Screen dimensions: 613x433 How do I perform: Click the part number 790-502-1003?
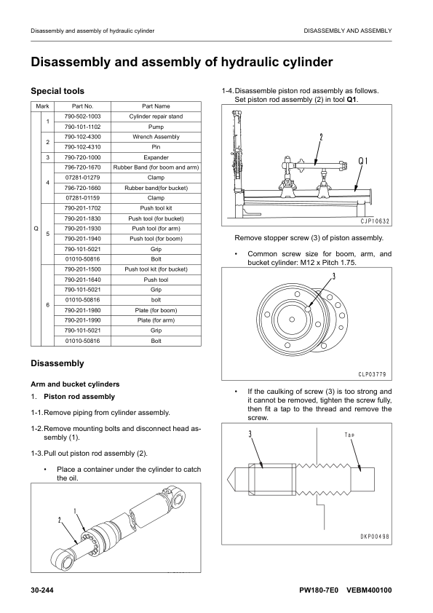[82, 116]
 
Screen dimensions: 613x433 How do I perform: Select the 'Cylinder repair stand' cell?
[156, 116]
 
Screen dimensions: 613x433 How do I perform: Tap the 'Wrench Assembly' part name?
[156, 137]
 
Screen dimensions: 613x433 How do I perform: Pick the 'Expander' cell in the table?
[156, 157]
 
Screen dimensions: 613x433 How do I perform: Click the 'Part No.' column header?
[82, 106]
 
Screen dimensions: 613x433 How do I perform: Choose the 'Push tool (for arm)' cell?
[156, 229]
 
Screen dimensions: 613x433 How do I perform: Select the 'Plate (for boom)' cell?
[156, 310]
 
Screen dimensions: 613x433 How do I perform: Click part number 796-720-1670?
[82, 167]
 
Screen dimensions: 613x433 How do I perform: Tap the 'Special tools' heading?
[57, 91]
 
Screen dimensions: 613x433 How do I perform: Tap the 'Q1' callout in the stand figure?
[362, 161]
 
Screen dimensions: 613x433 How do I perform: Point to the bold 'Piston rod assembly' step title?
[79, 397]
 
